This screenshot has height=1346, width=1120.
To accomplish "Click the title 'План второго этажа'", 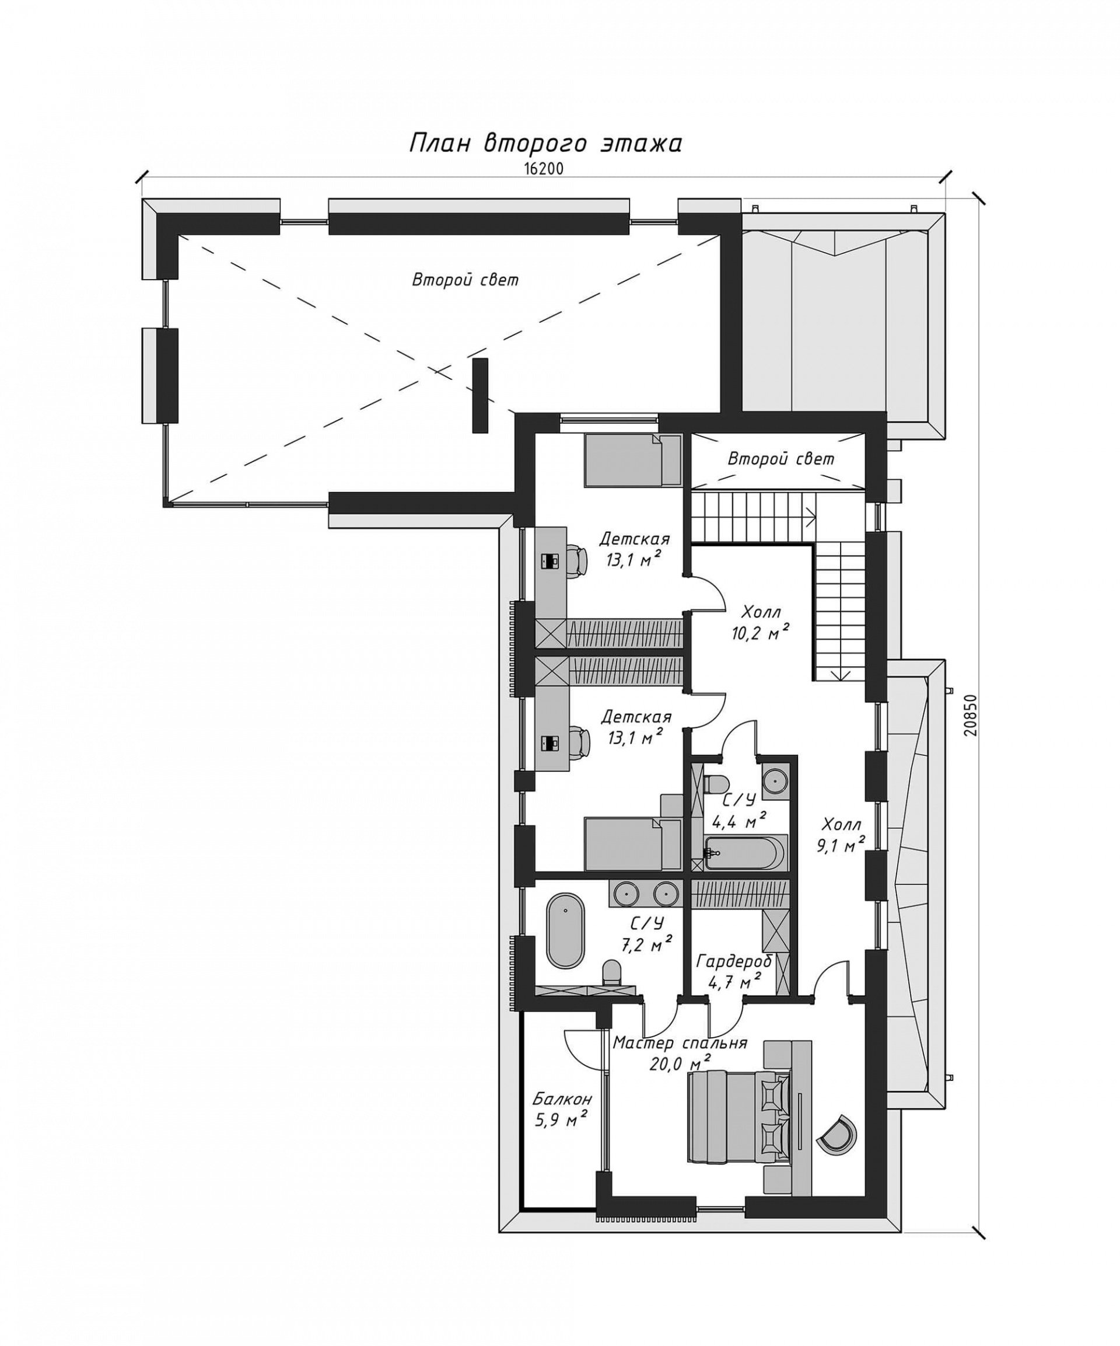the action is [545, 144].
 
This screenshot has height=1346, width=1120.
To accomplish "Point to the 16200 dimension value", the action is [542, 169].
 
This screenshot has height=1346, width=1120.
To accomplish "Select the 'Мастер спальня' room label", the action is [679, 1042].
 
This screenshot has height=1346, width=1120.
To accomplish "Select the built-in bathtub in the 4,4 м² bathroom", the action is [744, 852].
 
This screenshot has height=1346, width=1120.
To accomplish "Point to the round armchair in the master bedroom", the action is [836, 1135].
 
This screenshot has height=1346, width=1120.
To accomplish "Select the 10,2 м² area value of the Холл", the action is [759, 633].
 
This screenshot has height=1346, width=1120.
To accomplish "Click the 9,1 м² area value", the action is [841, 845].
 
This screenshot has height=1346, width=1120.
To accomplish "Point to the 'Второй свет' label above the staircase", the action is [780, 459].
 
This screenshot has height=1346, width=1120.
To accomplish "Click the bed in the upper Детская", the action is [632, 459].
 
